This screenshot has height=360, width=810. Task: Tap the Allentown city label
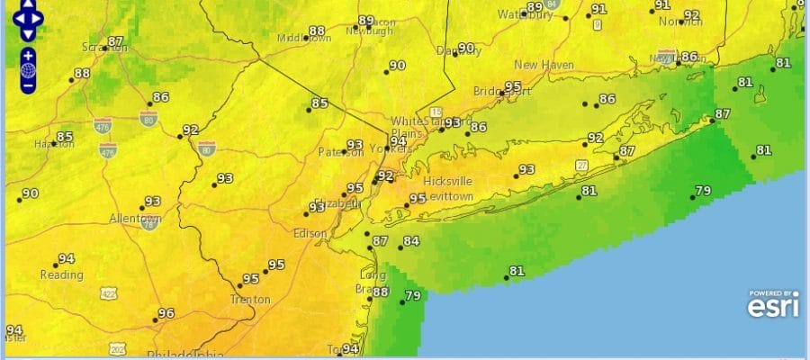(x=134, y=220)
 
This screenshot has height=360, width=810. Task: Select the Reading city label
(x=60, y=274)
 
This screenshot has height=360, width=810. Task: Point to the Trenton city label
(x=250, y=300)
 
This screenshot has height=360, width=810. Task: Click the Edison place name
(x=310, y=233)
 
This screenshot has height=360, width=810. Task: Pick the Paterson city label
(x=341, y=153)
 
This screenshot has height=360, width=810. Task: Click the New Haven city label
(x=544, y=65)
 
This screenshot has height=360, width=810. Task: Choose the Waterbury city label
(x=524, y=14)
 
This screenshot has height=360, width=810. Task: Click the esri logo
(x=773, y=307)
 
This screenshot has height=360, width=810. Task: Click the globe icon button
(x=28, y=70)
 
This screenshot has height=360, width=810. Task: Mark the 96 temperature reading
(x=166, y=314)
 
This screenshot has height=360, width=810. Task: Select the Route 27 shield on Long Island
(x=582, y=165)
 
